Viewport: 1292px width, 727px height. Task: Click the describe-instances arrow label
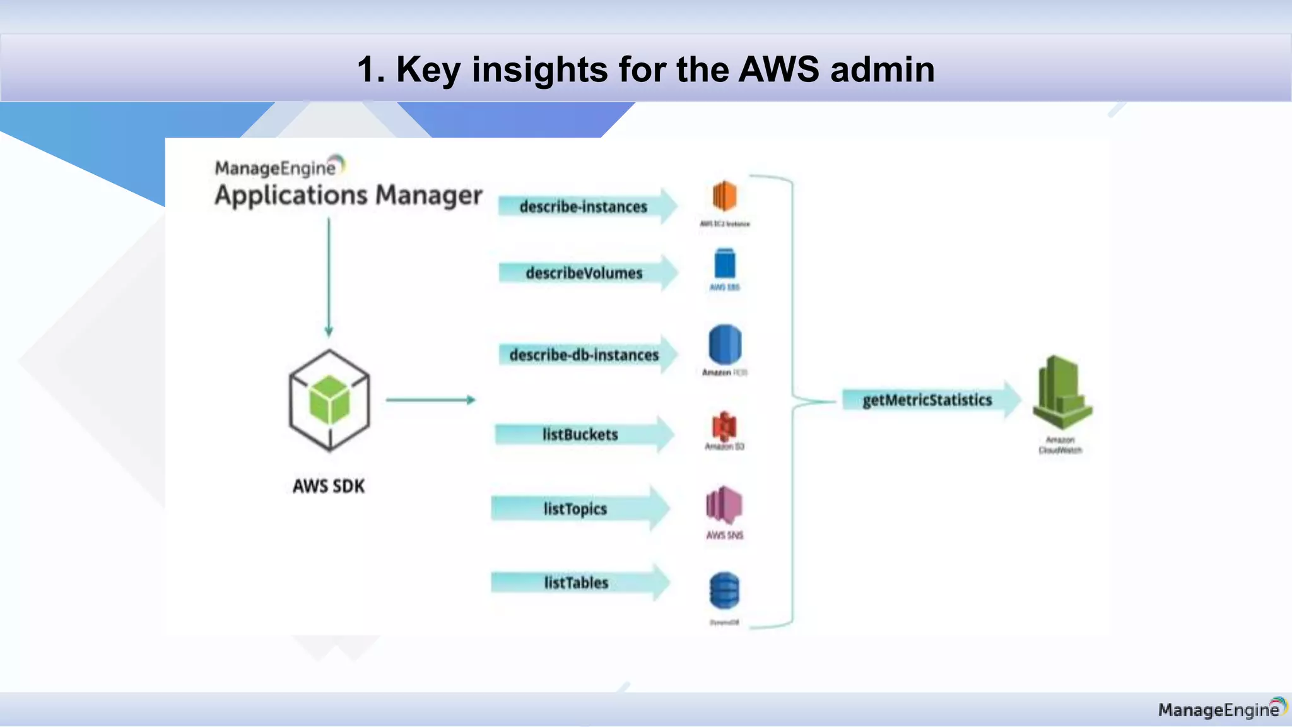[583, 207]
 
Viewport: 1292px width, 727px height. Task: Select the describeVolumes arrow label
[584, 273]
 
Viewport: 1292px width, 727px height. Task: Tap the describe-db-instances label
[584, 355]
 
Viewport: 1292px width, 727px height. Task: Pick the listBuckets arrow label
[580, 435]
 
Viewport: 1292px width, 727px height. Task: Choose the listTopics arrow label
[575, 509]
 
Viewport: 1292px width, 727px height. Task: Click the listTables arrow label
[576, 582]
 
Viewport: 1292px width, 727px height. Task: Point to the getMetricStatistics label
[927, 400]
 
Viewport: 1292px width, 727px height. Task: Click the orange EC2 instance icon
[724, 196]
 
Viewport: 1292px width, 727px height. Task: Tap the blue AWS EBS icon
[725, 264]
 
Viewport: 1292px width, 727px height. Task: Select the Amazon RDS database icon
[725, 345]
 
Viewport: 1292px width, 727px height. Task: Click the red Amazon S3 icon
[724, 427]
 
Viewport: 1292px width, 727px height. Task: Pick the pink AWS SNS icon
[724, 505]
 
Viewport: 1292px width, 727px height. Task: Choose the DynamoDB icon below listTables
[724, 590]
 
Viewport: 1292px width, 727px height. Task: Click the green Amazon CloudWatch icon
[1062, 393]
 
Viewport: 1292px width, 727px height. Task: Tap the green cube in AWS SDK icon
[329, 400]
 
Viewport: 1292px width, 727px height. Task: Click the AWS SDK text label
[329, 487]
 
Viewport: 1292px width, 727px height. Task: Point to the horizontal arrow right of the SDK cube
[430, 400]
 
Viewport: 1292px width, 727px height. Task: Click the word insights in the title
[540, 69]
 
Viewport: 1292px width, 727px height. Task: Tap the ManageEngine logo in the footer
[1221, 709]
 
